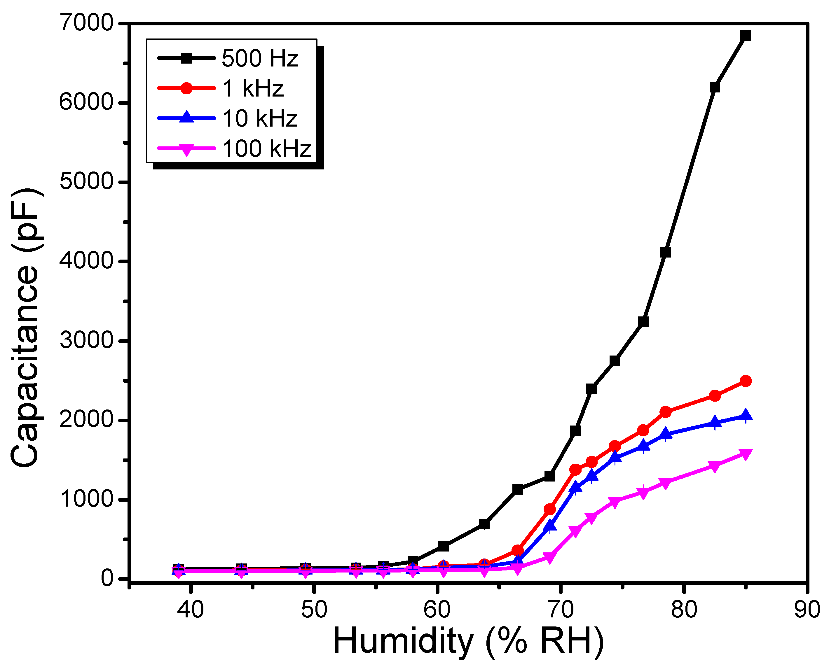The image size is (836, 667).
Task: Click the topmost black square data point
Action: [x=745, y=36]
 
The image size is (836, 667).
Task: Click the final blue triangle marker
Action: [x=745, y=416]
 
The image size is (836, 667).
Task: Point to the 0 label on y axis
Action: [x=107, y=579]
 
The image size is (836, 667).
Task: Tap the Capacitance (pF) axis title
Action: [x=25, y=328]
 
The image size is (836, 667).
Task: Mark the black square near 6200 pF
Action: [x=715, y=87]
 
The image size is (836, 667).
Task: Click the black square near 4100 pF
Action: [x=665, y=252]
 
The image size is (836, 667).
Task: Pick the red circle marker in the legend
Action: [x=186, y=88]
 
